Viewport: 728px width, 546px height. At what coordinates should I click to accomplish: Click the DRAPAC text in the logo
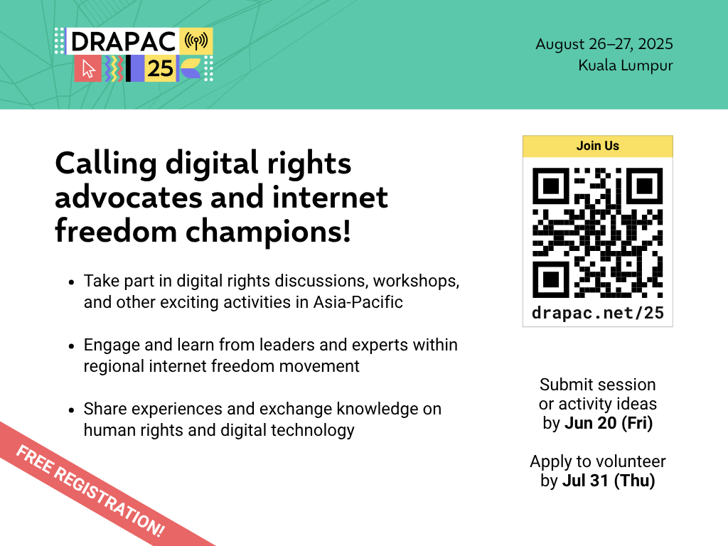(x=124, y=42)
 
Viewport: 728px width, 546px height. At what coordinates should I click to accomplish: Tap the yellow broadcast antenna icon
(x=196, y=41)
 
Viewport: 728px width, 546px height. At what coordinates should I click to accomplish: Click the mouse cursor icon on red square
(x=88, y=69)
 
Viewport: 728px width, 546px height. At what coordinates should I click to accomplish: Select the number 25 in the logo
(x=160, y=69)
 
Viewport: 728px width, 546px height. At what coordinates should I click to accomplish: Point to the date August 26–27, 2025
(x=604, y=43)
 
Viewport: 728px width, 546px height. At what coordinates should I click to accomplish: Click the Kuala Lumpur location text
(x=626, y=65)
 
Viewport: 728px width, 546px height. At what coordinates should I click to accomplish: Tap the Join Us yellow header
(x=597, y=146)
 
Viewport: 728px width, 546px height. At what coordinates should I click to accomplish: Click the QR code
(x=597, y=232)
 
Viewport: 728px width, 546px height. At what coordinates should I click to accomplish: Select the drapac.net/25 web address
(x=597, y=313)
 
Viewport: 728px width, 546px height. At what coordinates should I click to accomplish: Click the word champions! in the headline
(x=268, y=231)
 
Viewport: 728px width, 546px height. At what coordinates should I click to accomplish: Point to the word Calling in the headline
(x=106, y=164)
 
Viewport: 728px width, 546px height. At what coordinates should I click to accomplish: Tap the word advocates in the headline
(x=129, y=198)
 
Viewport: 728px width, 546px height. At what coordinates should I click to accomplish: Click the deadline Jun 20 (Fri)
(x=609, y=423)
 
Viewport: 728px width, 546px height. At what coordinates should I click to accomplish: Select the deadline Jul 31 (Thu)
(x=609, y=481)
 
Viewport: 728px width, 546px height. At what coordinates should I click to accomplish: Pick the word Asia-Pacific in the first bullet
(x=358, y=302)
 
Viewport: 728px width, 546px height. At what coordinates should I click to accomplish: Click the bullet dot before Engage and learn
(x=71, y=346)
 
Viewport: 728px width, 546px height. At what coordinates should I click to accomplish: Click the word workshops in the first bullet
(x=414, y=282)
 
